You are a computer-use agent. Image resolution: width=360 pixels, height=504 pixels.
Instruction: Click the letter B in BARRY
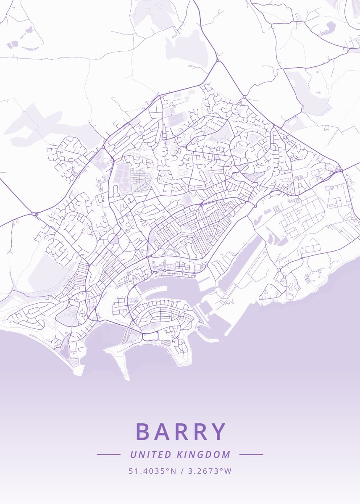144,431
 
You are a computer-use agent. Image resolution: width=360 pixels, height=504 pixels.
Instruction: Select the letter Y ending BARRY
218,431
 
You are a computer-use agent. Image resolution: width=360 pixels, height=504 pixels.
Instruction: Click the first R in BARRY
181,431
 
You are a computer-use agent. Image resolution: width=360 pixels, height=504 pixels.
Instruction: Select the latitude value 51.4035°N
152,471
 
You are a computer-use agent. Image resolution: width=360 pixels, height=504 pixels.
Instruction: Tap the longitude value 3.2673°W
210,471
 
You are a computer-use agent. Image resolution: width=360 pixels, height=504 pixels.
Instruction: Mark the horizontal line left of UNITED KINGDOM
108,454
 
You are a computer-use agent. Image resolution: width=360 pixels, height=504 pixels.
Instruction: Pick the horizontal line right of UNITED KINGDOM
251,454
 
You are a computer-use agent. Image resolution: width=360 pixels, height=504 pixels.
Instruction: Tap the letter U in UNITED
133,454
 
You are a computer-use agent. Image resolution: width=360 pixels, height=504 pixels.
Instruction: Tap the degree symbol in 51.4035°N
168,469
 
